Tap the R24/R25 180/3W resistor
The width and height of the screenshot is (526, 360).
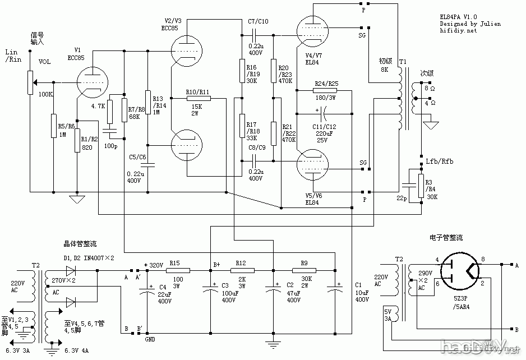point(326,90)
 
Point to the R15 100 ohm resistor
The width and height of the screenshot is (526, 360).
point(177,270)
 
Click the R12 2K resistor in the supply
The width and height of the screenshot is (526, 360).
point(242,270)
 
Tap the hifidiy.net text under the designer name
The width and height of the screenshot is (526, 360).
point(458,31)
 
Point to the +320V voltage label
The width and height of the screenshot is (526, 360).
point(154,265)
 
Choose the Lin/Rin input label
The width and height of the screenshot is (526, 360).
point(13,55)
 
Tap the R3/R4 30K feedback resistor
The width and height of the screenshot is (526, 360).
point(421,186)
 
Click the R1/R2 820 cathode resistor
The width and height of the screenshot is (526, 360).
point(77,140)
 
